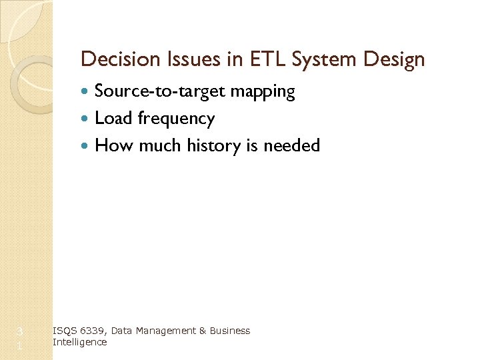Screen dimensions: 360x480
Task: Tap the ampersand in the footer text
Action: (200, 331)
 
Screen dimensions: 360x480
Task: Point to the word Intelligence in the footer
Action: (79, 342)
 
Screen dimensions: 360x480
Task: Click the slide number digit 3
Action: (20, 331)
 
